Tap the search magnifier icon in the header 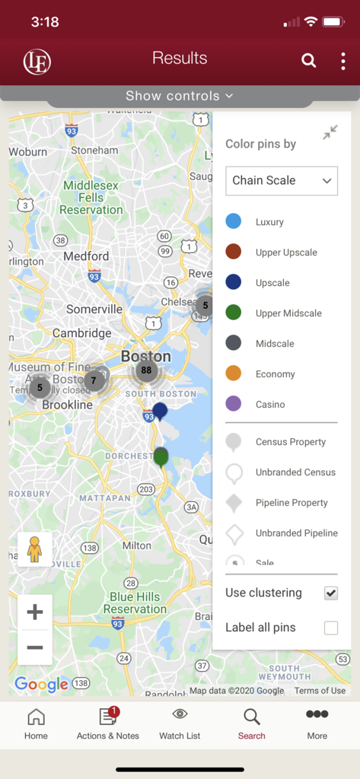pos(308,60)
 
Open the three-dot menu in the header pos(343,60)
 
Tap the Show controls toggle pos(180,96)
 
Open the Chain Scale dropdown pos(282,180)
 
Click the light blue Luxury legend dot pos(234,221)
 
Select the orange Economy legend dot pos(234,374)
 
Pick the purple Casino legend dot pos(234,404)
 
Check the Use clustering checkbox pos(331,593)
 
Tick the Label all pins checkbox pos(331,628)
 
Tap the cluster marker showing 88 pos(146,371)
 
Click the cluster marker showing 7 pos(94,380)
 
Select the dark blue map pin pos(160,412)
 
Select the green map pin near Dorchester pos(161,457)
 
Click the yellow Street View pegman pos(34,548)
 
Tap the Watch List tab pos(180,723)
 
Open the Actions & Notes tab pos(108,723)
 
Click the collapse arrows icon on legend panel pos(330,133)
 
